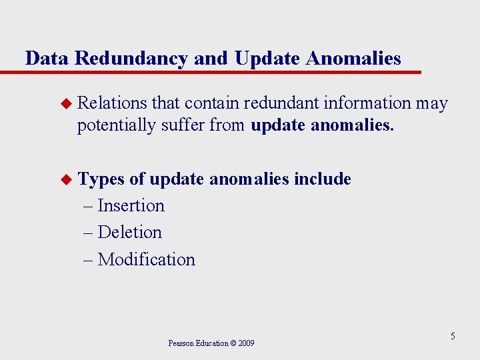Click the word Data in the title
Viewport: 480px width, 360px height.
[47, 59]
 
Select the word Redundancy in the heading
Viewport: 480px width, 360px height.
[131, 59]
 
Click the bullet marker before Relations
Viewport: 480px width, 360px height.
[65, 104]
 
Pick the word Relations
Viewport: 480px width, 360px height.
[112, 103]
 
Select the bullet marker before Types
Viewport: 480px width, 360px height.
[65, 179]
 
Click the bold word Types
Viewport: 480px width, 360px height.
[101, 179]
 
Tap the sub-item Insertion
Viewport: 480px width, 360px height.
[131, 205]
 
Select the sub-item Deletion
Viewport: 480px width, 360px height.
[129, 232]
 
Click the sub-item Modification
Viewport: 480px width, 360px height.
[146, 259]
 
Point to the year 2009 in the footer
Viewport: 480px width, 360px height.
[245, 343]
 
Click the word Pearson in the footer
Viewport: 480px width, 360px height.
[181, 343]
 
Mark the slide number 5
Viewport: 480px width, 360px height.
[453, 336]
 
